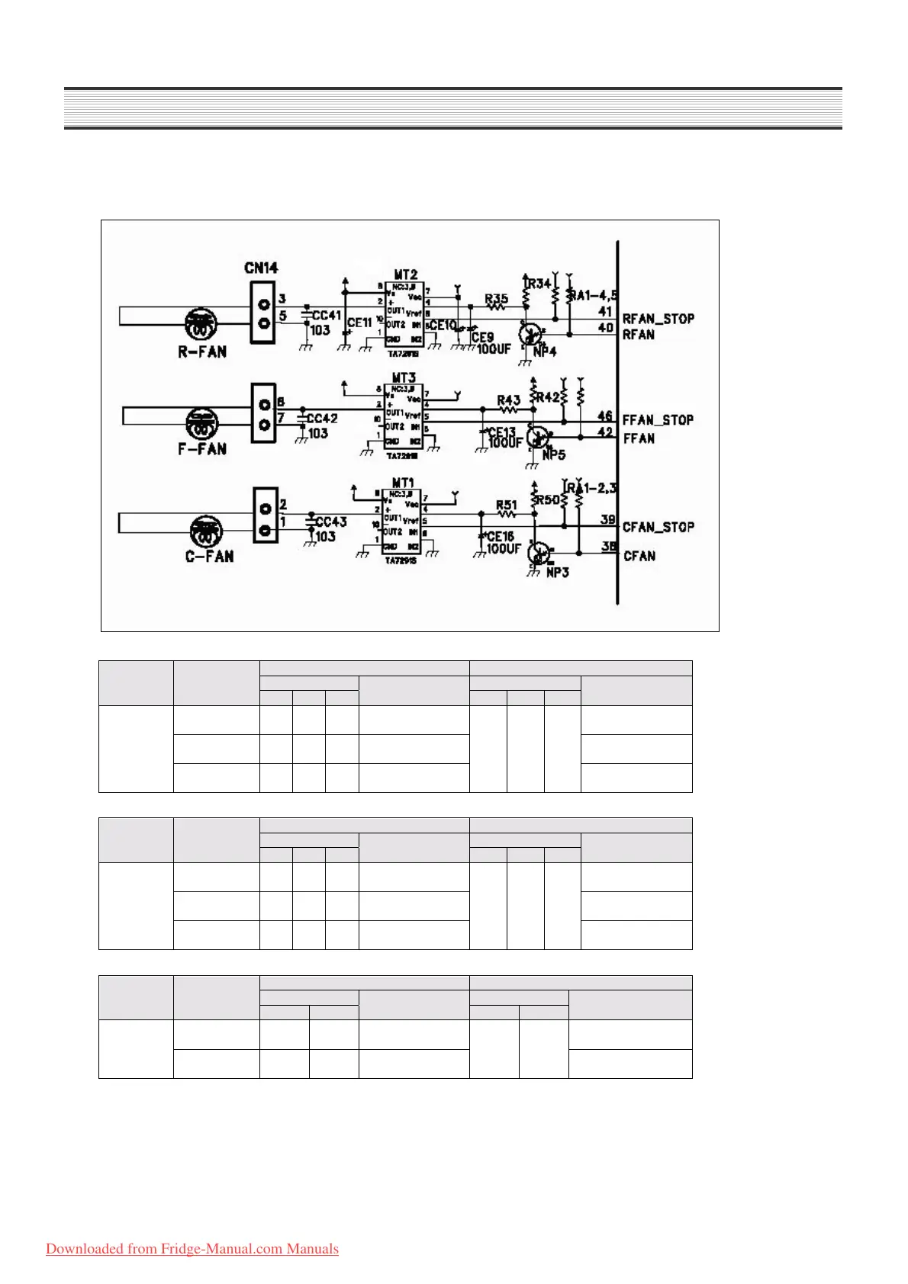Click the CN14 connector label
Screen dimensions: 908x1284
261,268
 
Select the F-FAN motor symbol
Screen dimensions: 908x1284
202,422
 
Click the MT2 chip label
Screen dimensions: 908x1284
405,274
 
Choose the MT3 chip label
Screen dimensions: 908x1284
404,377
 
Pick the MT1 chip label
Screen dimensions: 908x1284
402,483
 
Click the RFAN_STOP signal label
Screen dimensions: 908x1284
658,319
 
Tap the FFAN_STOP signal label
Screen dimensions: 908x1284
657,420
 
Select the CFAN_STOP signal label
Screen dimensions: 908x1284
658,527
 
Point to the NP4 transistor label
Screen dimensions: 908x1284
545,351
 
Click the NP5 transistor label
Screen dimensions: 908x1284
553,454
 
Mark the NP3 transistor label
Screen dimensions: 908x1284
557,572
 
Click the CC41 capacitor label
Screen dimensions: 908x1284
327,315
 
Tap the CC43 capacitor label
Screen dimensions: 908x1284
330,522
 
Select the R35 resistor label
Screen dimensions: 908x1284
496,299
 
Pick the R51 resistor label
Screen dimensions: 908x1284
506,505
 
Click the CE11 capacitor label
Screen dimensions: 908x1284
359,323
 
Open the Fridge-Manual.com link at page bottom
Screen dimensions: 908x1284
192,1249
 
